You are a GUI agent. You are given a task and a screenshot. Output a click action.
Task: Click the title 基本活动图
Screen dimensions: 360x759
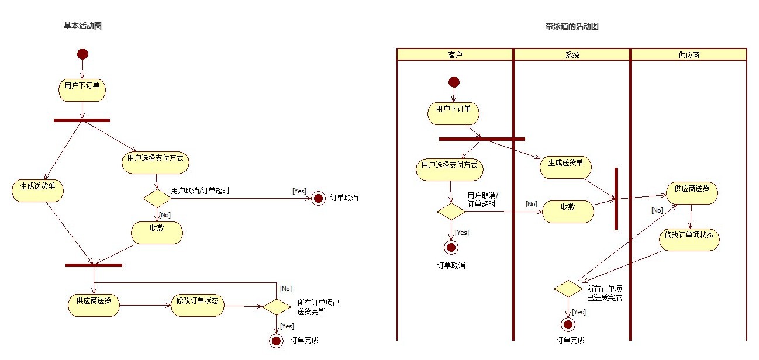point(82,26)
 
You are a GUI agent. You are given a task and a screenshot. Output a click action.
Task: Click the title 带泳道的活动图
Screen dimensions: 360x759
point(571,26)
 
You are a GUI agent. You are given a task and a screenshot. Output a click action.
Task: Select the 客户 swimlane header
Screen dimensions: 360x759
point(455,55)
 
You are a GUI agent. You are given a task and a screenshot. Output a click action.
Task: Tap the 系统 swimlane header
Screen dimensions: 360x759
point(572,55)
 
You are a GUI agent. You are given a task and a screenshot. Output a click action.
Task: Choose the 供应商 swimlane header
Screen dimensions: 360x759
point(688,55)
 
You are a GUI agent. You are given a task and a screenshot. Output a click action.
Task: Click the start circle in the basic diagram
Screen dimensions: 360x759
point(82,54)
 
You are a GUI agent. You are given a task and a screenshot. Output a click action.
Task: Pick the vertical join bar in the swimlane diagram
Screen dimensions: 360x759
point(616,199)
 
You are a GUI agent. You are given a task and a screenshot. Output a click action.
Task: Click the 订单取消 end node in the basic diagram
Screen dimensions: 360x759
point(318,198)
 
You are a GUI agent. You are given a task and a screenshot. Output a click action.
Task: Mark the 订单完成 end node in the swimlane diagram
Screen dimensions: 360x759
point(567,324)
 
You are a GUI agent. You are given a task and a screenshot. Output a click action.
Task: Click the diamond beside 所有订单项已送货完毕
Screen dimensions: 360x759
point(276,306)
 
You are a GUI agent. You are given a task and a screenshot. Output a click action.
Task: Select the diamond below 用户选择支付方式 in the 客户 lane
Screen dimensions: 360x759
point(451,212)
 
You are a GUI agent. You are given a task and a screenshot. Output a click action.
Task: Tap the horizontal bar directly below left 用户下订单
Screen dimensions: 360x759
point(82,120)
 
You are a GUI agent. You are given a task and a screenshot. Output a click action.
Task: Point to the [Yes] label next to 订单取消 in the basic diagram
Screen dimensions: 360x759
point(299,191)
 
